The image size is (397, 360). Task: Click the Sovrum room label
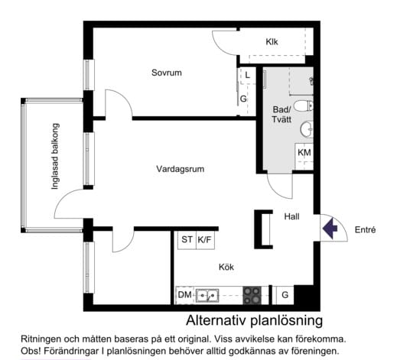point(166,73)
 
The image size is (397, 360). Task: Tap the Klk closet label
point(272,42)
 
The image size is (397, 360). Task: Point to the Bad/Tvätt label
point(281,115)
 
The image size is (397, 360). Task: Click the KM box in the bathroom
point(304,153)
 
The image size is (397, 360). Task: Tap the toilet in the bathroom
point(304,105)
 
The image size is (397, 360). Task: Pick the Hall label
point(291,216)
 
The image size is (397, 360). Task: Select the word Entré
point(365,229)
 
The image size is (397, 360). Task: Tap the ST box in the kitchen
point(187,239)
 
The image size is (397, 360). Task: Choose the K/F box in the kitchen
point(205,239)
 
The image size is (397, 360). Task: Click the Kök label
point(225,268)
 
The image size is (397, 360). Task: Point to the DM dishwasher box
point(184,294)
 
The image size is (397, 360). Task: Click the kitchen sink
point(207,295)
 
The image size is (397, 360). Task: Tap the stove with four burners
point(252,294)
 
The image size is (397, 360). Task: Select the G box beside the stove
point(285,295)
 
